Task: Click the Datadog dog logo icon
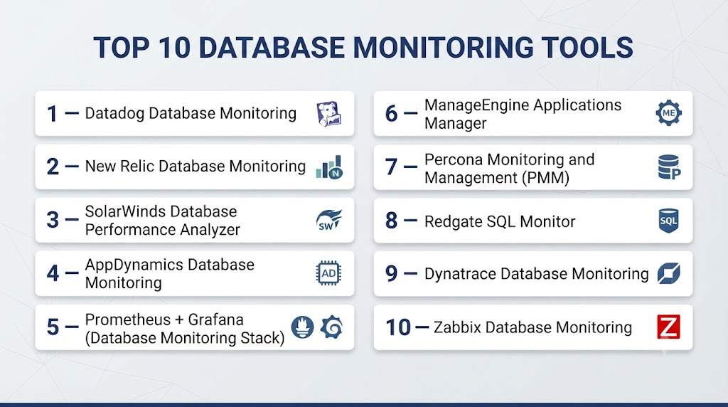[x=329, y=114]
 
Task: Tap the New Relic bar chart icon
[x=329, y=167]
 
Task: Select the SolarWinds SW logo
[x=329, y=221]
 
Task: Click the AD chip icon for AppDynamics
[x=328, y=273]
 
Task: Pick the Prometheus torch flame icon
[x=303, y=327]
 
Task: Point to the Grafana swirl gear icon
[x=332, y=327]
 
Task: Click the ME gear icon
[x=668, y=113]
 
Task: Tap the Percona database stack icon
[x=669, y=167]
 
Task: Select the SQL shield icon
[x=668, y=221]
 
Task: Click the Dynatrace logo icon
[x=668, y=274]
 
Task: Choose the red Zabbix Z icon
[x=668, y=327]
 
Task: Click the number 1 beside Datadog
[x=53, y=114]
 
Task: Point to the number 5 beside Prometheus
[x=53, y=327]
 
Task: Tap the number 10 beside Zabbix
[x=398, y=327]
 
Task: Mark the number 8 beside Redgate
[x=392, y=221]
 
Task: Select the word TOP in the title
[x=122, y=48]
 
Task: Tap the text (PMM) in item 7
[x=545, y=178]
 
